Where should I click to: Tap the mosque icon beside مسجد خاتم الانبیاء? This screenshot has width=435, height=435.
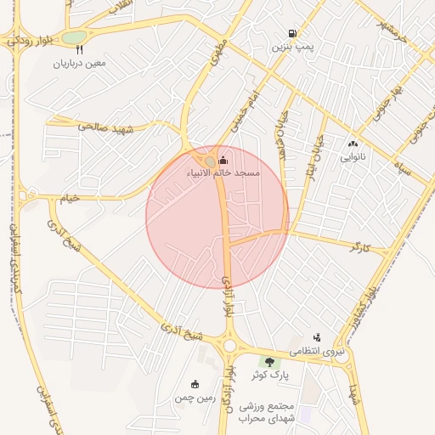tap(223, 160)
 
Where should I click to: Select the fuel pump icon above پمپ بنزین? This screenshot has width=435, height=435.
tap(293, 34)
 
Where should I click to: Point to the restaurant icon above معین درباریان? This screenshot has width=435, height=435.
tap(80, 49)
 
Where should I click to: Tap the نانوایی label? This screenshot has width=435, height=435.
tap(353, 157)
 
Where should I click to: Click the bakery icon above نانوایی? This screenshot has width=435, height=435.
tap(353, 144)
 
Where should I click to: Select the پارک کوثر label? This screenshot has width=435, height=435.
tap(269, 375)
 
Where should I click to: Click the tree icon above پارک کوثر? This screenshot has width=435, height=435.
tap(270, 362)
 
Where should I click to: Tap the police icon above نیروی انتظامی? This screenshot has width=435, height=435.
tap(318, 337)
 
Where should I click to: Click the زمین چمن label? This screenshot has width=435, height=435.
tap(195, 398)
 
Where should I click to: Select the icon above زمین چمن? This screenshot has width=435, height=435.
tap(195, 384)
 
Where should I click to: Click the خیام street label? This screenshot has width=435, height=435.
tap(67, 199)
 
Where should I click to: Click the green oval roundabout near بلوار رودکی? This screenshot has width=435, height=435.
tap(74, 37)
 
